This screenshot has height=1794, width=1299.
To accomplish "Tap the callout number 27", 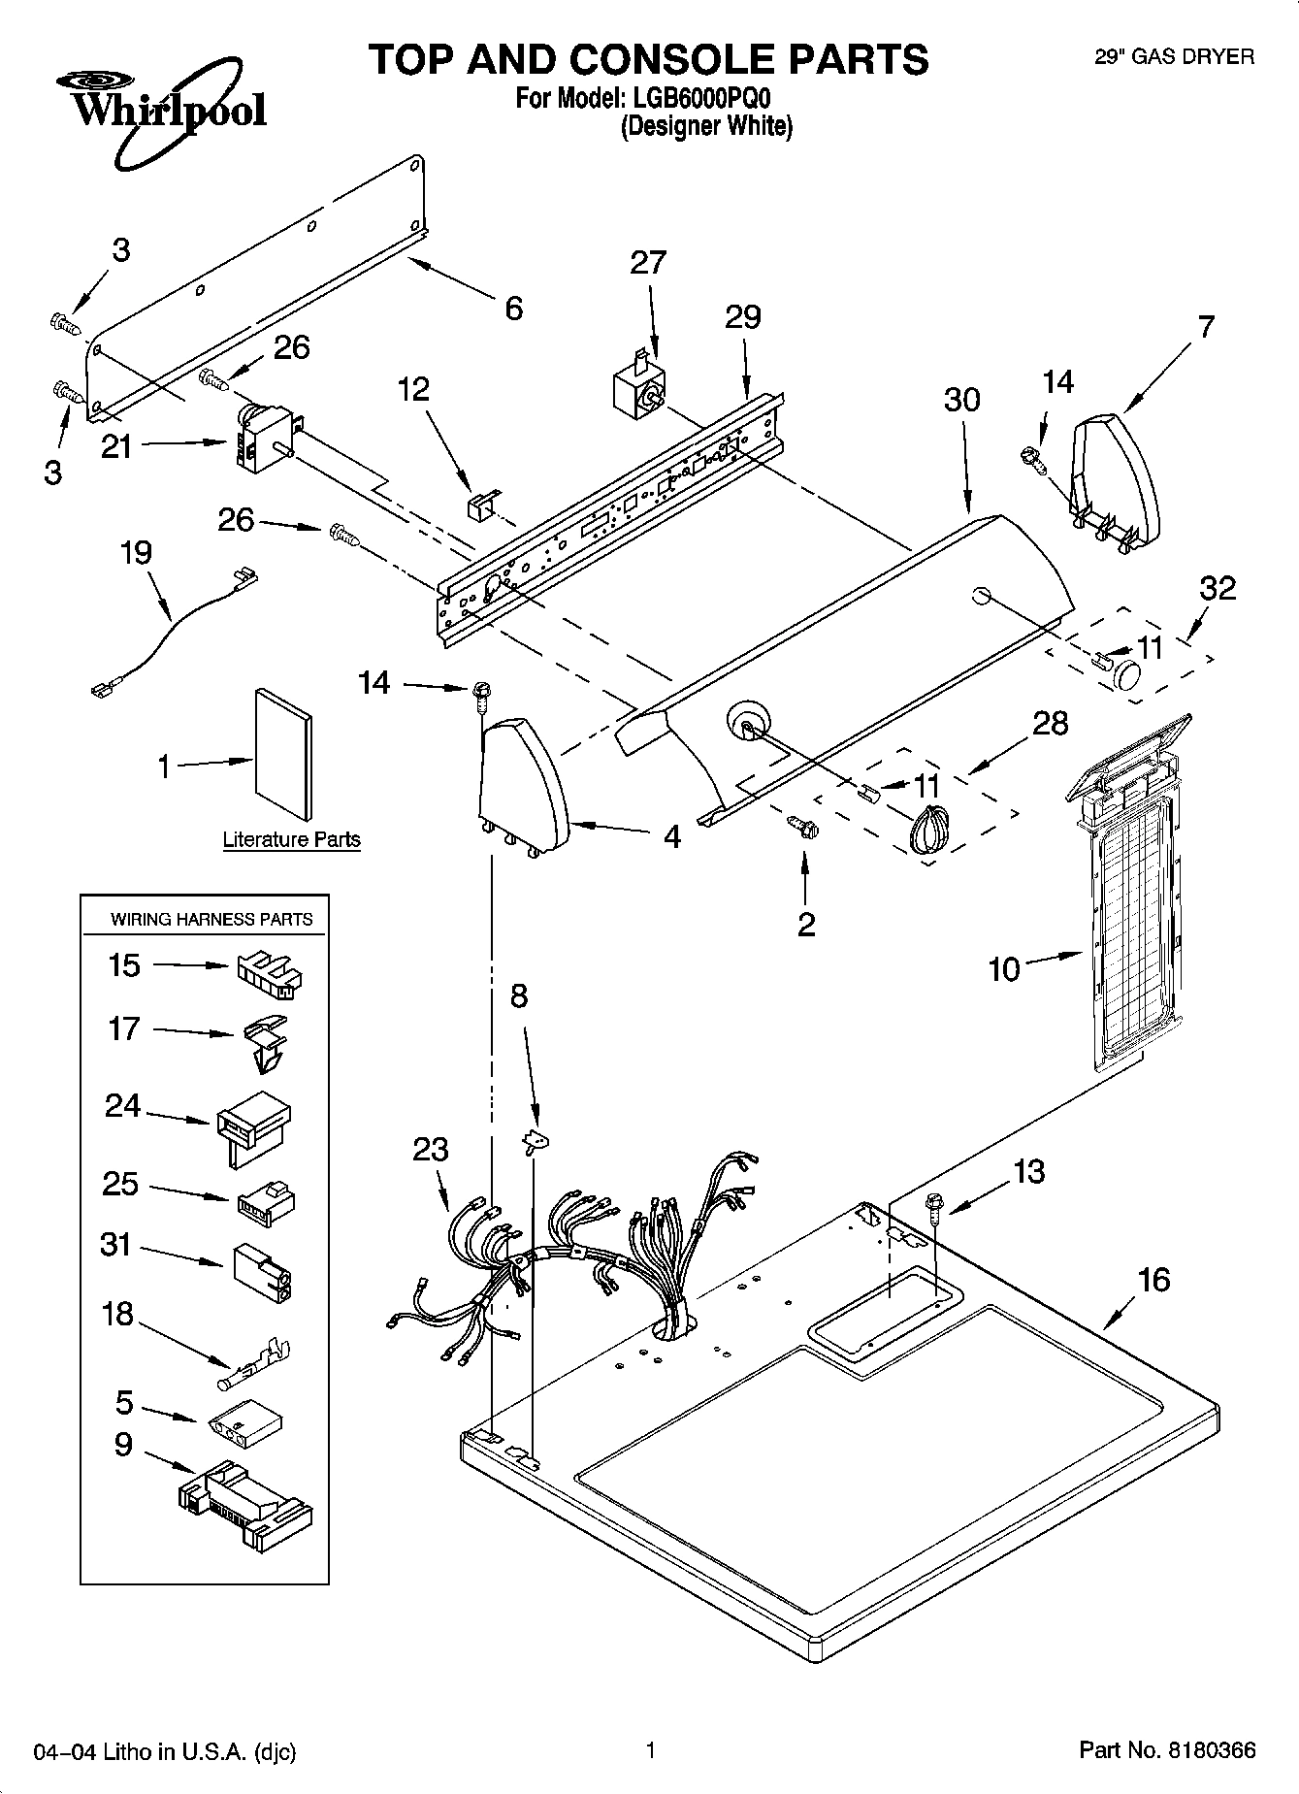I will pos(648,263).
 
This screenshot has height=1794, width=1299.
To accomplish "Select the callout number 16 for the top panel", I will pos(1153,1280).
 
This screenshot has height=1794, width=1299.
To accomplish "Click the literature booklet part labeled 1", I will pos(284,753).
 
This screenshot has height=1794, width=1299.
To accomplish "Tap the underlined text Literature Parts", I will pos(291,840).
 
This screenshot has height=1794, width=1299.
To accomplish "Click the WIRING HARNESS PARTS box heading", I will pos(211,919).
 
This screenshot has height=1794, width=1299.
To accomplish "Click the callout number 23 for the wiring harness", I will pos(431,1150).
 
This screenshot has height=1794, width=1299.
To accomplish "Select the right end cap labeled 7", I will pos(1116,480).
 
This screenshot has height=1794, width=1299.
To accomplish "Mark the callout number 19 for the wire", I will pos(136,553).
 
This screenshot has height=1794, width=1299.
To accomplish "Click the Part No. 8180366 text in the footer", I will pos(1167,1750).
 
